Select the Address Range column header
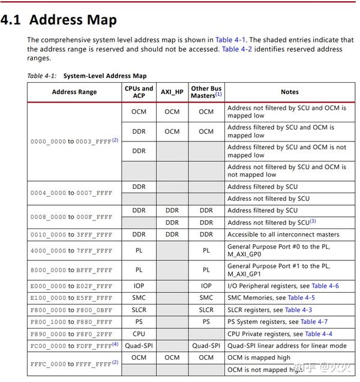click(x=74, y=92)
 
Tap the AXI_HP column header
click(x=172, y=92)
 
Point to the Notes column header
click(x=289, y=92)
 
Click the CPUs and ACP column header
click(x=139, y=92)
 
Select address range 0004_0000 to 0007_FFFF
click(x=71, y=193)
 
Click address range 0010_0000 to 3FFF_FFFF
click(x=71, y=234)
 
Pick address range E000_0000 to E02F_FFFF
click(x=71, y=286)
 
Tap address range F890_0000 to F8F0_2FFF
click(x=71, y=334)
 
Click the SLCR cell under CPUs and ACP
click(x=139, y=310)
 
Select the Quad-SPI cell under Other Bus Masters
click(x=206, y=346)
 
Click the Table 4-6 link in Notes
click(x=325, y=286)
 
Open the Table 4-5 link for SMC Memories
click(x=301, y=298)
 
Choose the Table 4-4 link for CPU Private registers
click(x=319, y=334)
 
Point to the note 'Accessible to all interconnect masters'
click(x=283, y=234)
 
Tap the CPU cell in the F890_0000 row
click(x=139, y=334)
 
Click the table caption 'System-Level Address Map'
click(x=105, y=76)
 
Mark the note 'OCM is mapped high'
click(x=259, y=358)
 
